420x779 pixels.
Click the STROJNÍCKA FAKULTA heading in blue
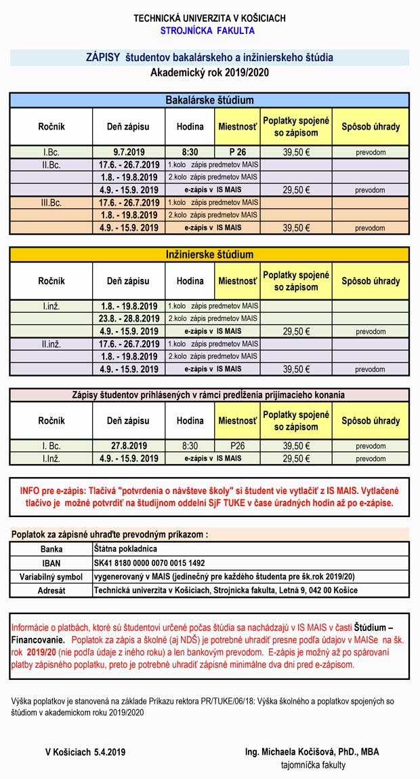pos(207,31)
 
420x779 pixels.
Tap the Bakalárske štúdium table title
pos(209,100)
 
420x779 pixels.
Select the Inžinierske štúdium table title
pos(209,255)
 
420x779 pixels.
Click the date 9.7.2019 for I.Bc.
pos(129,152)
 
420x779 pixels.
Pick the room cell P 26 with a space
pos(236,152)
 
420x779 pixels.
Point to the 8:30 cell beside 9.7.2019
pos(190,152)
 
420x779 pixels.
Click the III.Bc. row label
pos(51,202)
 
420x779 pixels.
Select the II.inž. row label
pos(51,344)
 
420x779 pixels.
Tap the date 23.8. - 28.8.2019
pos(129,318)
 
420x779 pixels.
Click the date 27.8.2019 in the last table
pos(129,446)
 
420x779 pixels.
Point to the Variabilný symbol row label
pos(51,577)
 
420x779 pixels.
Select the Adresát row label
pos(51,590)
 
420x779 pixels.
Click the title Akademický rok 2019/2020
pos(209,73)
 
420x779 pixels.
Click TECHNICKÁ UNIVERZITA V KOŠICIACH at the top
pos(209,18)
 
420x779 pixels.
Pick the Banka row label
pos(51,549)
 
